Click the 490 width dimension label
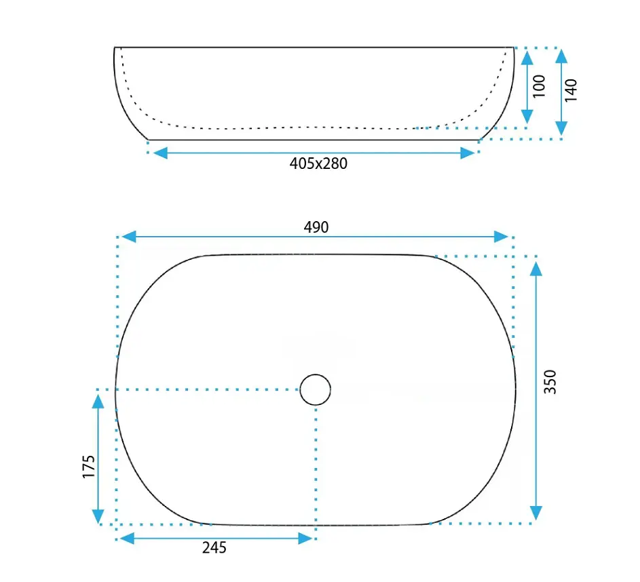[316, 227]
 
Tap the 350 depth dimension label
[550, 382]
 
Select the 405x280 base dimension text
[318, 163]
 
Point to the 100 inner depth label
[539, 86]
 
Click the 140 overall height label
[571, 90]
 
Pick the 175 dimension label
[89, 467]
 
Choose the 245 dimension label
[214, 547]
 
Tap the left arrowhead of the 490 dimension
[129, 236]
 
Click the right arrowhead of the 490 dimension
[502, 237]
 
